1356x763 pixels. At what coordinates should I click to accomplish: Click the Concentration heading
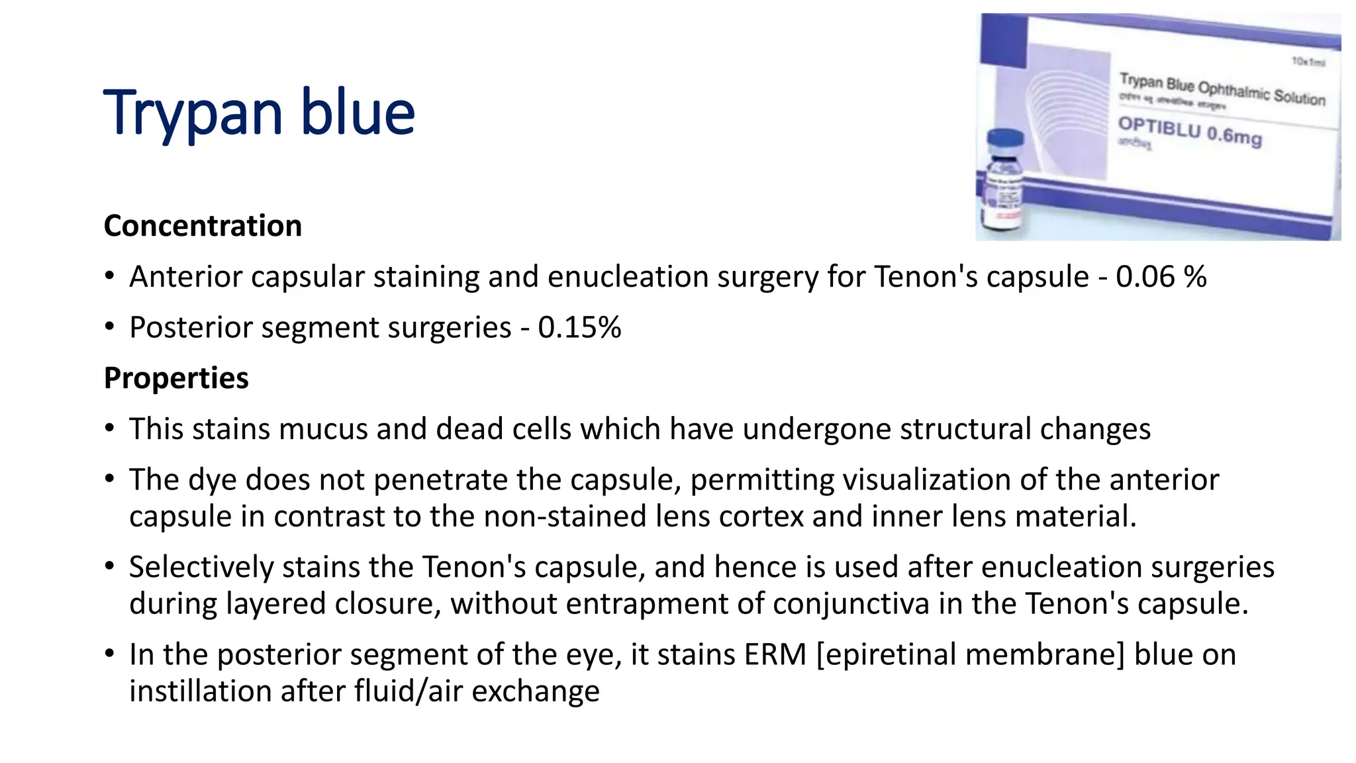[203, 226]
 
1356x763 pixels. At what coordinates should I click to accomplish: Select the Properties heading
[176, 378]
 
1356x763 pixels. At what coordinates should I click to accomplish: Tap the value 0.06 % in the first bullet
[1161, 277]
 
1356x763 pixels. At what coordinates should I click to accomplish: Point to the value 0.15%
[579, 328]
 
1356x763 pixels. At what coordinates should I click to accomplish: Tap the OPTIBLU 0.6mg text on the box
[1190, 130]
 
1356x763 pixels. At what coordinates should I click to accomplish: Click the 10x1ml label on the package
[1308, 62]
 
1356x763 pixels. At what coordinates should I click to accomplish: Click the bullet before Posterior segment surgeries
[110, 327]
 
